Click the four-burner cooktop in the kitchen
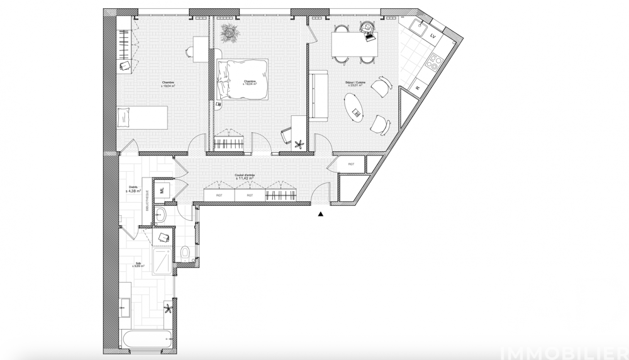click(x=433, y=61)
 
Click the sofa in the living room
click(x=318, y=96)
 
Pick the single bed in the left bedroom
click(x=142, y=117)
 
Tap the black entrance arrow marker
click(x=321, y=215)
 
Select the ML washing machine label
click(x=162, y=188)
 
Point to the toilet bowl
click(x=184, y=254)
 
